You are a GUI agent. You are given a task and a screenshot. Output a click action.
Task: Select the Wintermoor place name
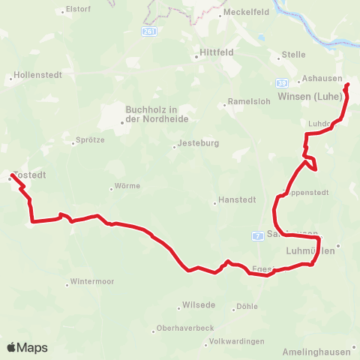(x=91, y=282)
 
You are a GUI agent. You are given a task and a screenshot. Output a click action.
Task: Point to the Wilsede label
(x=198, y=306)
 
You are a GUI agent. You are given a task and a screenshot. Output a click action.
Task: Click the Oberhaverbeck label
(x=184, y=328)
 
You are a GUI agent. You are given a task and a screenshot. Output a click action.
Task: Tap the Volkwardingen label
(x=237, y=342)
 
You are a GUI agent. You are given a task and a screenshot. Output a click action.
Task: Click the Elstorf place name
(x=78, y=10)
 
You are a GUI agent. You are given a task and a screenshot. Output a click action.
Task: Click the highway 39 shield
(x=282, y=82)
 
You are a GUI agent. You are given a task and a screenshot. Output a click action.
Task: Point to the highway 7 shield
(x=257, y=236)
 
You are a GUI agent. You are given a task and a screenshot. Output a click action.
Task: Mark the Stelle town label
(x=292, y=55)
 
